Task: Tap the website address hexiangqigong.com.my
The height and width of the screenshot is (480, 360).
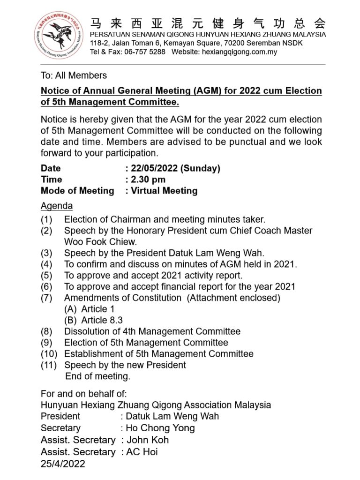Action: [x=239, y=52]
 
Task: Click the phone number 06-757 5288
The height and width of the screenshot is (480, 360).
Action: [x=145, y=52]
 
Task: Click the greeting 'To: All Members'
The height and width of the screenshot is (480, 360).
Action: [x=74, y=75]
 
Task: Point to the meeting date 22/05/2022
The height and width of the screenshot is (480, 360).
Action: [x=153, y=168]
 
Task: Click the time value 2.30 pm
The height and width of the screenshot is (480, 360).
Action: [x=148, y=180]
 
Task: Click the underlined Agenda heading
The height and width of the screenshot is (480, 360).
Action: [x=57, y=206]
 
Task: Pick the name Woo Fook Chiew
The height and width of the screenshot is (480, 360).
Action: [x=100, y=242]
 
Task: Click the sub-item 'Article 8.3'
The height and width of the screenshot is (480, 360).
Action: [x=102, y=320]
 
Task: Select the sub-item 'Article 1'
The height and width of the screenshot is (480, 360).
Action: [x=97, y=309]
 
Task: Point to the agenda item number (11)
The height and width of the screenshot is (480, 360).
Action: [x=48, y=365]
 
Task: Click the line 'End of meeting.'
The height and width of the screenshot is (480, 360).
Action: [x=97, y=376]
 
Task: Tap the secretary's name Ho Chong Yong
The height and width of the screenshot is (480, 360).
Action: [x=160, y=428]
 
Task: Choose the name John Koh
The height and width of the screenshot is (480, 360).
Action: [x=148, y=440]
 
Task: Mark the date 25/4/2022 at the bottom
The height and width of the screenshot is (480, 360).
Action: [x=63, y=464]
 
